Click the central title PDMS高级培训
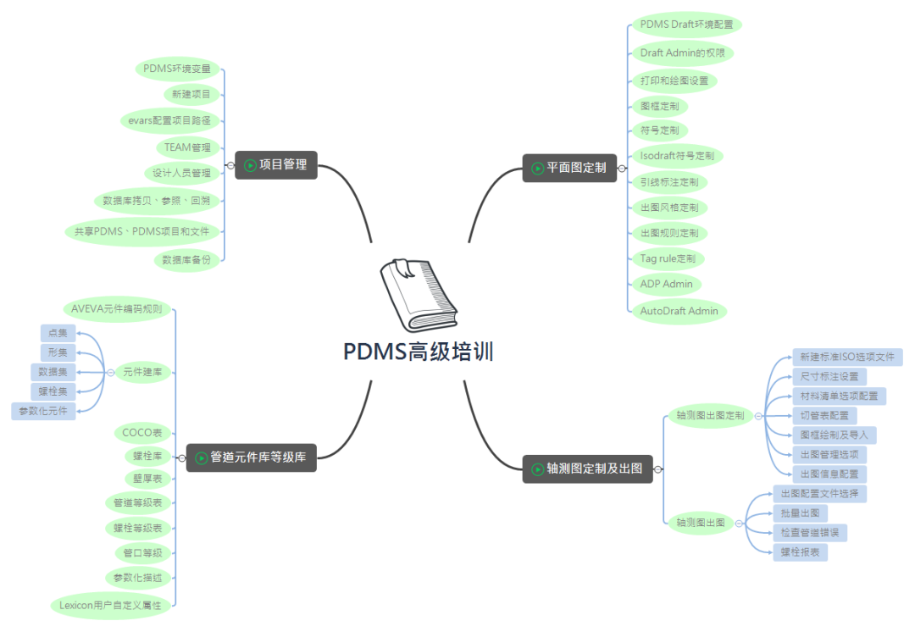click(x=418, y=352)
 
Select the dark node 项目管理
click(x=276, y=165)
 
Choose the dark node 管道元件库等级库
click(x=252, y=457)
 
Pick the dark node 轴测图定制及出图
click(x=587, y=468)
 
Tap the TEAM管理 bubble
click(x=186, y=147)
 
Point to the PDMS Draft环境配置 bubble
click(x=686, y=25)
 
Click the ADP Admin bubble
click(x=667, y=284)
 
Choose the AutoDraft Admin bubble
click(x=679, y=311)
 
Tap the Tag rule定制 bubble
click(x=668, y=258)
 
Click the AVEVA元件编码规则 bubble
click(x=117, y=308)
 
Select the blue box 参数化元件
click(x=44, y=411)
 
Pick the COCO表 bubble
click(x=141, y=433)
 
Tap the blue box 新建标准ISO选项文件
click(x=846, y=357)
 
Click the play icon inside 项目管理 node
click(x=250, y=165)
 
